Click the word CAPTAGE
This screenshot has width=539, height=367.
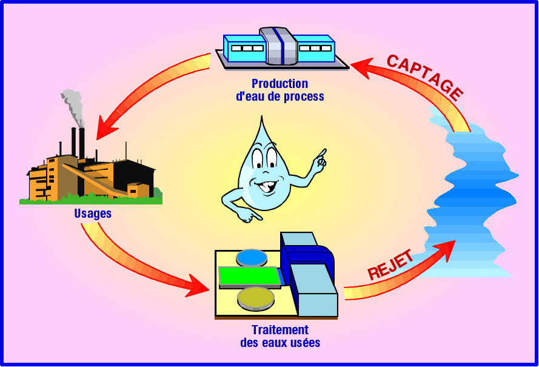pos(425,77)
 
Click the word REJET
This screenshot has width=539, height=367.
pos(391,264)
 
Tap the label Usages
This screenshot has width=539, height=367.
pos(93,214)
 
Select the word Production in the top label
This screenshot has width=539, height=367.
pos(280,84)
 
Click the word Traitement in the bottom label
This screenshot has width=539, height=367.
pos(280,330)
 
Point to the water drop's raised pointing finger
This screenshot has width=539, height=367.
pos(321,153)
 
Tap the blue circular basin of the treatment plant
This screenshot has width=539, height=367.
pos(252,257)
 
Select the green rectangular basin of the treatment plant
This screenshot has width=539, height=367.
pos(249,276)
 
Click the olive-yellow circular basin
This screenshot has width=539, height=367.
pos(256,297)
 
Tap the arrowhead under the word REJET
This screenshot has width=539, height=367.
pos(447,249)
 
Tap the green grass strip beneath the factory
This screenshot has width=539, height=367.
pos(91,200)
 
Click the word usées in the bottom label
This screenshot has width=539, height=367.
pos(305,343)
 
